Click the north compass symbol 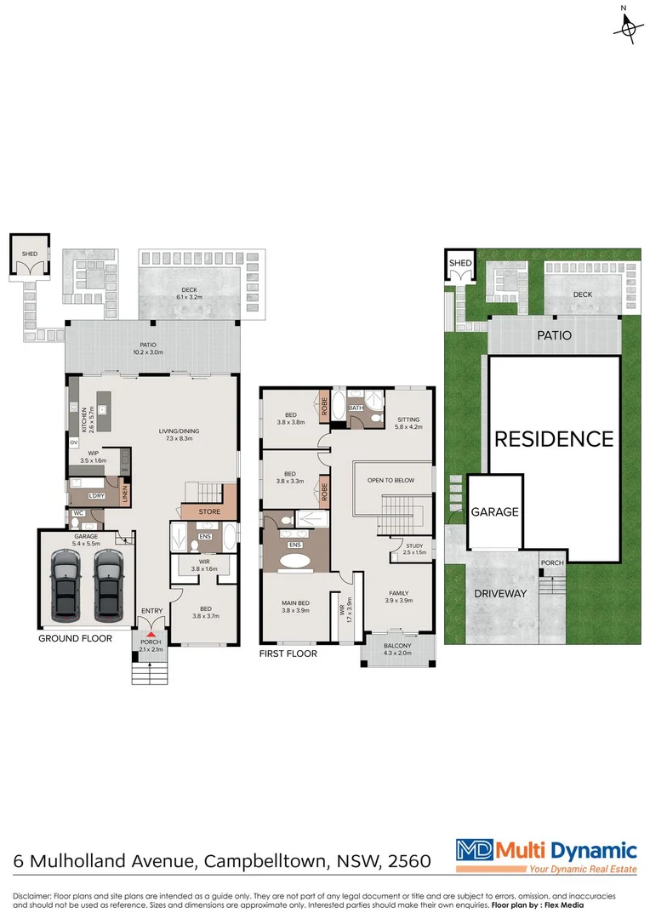point(628,27)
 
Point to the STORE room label point(209,512)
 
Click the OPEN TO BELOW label point(391,481)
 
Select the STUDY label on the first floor point(414,545)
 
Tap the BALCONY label point(396,646)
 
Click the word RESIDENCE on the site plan point(554,439)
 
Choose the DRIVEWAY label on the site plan point(502,593)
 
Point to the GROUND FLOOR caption point(75,638)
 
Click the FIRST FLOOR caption point(289,654)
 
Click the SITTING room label point(408,420)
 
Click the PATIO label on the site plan point(553,336)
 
